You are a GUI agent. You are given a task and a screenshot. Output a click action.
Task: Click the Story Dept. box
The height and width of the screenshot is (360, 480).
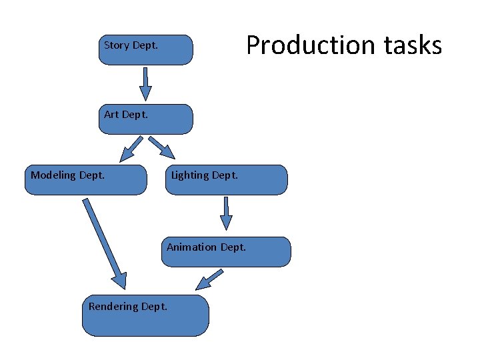[x=145, y=50]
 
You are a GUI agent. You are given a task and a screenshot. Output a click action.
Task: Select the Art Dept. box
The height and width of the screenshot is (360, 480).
[x=145, y=119]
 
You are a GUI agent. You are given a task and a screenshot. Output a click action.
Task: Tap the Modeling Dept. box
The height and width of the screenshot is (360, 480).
[x=85, y=180]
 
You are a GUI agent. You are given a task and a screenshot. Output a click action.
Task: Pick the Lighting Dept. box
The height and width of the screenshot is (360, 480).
[x=227, y=180]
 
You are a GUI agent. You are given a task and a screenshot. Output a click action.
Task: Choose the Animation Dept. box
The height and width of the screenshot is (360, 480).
[x=227, y=252]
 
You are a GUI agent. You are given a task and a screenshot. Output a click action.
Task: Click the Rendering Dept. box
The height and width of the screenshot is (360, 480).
[x=145, y=315]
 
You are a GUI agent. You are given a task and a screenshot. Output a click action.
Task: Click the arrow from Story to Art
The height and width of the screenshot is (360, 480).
[x=145, y=84]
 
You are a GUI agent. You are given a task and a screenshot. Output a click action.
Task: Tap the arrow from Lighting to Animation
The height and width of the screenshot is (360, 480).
[x=227, y=213]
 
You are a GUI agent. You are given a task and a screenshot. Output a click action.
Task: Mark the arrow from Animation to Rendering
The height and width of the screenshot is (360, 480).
[x=210, y=279]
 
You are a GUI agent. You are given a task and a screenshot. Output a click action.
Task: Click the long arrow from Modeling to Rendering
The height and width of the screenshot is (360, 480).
[x=103, y=240]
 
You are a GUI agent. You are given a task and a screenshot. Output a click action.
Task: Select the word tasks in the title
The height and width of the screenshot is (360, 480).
[x=411, y=45]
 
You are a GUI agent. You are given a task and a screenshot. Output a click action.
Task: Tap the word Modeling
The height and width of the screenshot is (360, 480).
[x=53, y=175]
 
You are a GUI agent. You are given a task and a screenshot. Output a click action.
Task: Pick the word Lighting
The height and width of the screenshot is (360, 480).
[x=190, y=175]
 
